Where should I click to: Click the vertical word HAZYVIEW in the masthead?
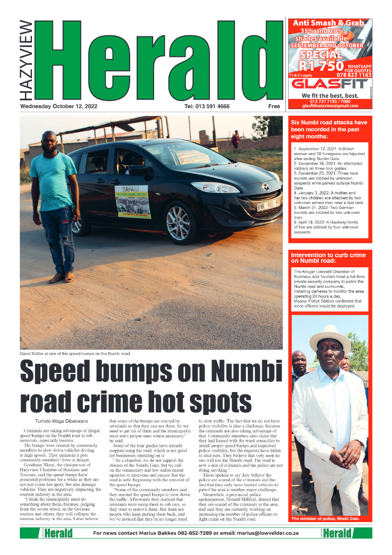(27, 60)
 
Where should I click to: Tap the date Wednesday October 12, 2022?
(59, 106)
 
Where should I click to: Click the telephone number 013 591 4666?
(207, 106)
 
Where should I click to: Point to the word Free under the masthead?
(274, 106)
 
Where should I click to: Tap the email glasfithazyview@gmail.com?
(330, 106)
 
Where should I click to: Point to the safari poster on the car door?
(133, 201)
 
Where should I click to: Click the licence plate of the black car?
(268, 204)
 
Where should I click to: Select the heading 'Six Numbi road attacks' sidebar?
(329, 129)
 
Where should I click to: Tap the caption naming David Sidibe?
(75, 353)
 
